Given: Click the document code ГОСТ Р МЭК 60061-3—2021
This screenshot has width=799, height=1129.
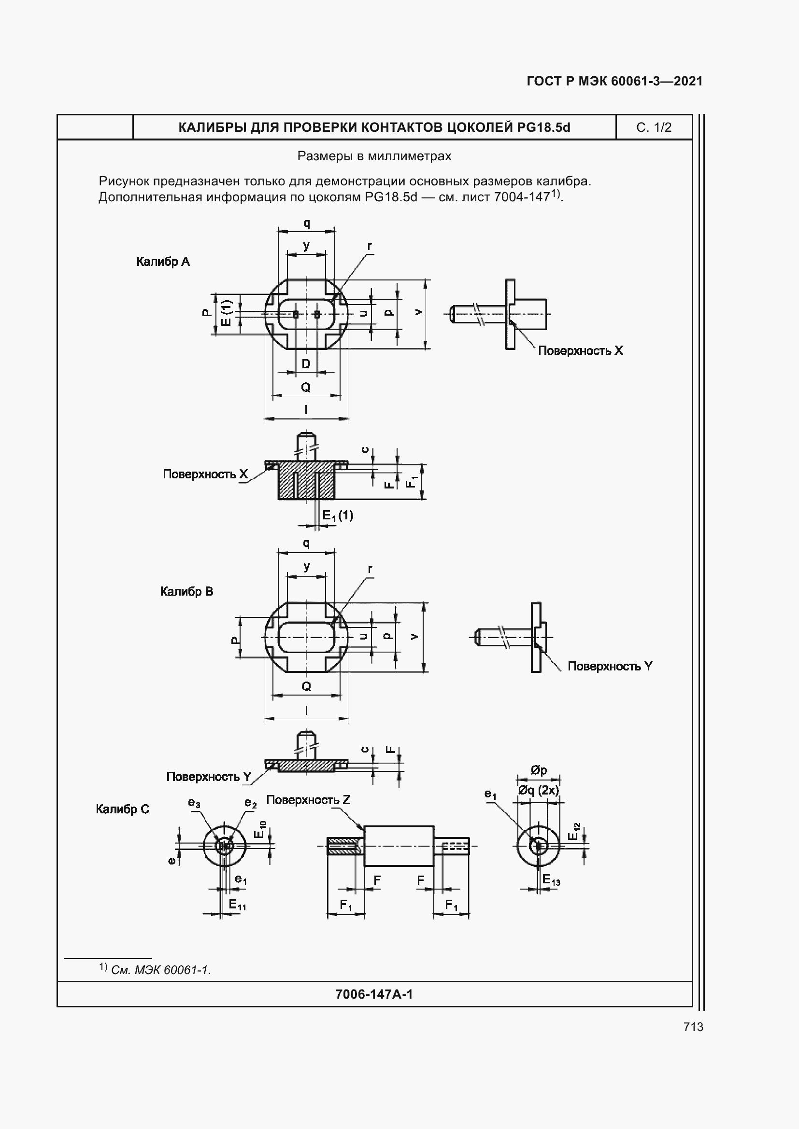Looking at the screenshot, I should [x=614, y=81].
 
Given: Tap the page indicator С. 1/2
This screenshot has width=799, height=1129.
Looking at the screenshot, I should [x=654, y=127].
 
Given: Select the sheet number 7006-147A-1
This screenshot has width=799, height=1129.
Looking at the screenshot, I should [x=374, y=994].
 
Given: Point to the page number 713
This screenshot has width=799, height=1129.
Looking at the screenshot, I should [x=693, y=1027].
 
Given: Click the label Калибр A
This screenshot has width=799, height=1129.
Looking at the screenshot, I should [x=163, y=262].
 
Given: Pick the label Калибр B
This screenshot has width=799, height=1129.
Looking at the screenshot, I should [x=186, y=591].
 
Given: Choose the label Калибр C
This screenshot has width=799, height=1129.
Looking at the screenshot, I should [x=123, y=809].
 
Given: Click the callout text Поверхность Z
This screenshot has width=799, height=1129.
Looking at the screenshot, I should [x=308, y=800].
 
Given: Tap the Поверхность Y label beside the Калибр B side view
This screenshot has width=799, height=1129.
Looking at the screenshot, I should [x=610, y=666].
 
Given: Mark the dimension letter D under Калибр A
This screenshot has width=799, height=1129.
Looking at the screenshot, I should [x=306, y=364].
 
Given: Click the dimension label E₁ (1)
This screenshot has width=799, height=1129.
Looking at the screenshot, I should [x=338, y=516].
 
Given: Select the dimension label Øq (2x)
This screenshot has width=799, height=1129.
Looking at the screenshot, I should [x=538, y=790].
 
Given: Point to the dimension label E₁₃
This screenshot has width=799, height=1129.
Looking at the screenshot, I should [x=551, y=880].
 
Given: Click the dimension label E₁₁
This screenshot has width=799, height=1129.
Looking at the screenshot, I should [x=237, y=904].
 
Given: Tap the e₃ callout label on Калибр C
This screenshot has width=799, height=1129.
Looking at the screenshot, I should [x=194, y=803].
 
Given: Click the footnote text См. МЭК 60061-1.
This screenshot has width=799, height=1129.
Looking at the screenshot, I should [x=161, y=970].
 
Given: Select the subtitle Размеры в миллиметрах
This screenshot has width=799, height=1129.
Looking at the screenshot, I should [x=374, y=156].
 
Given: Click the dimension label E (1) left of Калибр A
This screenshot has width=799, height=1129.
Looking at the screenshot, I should [x=226, y=313].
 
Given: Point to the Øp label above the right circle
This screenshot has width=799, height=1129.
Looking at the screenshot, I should [x=539, y=770].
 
